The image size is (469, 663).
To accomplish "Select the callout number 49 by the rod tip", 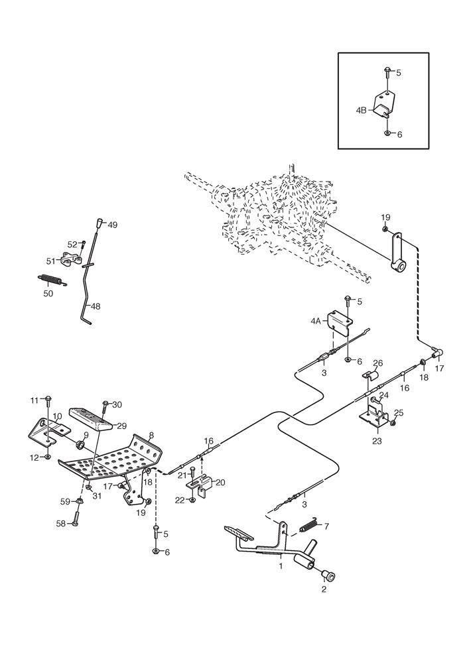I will click(x=112, y=225).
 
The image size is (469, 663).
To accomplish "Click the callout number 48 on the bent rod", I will click(x=96, y=306).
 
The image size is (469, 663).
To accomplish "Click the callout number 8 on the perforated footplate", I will click(x=151, y=436).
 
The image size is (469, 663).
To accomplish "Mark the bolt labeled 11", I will click(x=48, y=399).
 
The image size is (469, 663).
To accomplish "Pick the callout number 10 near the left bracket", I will click(x=58, y=416).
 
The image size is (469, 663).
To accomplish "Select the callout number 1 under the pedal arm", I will click(x=281, y=566).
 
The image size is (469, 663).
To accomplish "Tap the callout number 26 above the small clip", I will click(x=378, y=363).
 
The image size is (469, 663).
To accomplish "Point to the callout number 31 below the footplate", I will click(x=97, y=497).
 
